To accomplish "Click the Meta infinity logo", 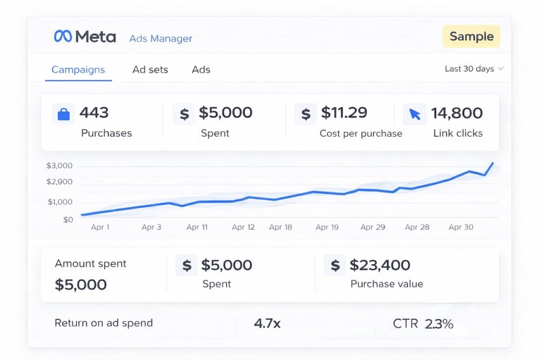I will pos(63,37).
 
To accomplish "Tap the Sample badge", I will pos(471,37).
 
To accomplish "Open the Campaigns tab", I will pos(78,70).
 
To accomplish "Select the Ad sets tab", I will pos(150,70).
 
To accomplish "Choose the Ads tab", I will pos(201,70).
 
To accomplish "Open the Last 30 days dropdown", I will pos(474,69).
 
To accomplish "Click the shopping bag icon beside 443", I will pos(63,113).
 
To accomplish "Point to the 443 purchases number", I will pos(94,113).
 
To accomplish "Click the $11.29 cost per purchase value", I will pos(344,113).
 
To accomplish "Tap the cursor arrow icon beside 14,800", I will pos(414,113).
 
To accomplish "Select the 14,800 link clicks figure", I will pos(456,113).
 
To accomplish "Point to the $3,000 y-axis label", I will pos(59,166).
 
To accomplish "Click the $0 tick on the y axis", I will pos(68,220).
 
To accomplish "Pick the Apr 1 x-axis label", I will pos(100,228).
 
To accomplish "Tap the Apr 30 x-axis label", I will pos(461,228).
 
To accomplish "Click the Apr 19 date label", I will pos(327,228).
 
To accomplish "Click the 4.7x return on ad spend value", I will pos(268,323).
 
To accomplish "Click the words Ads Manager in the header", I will pos(161,39).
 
